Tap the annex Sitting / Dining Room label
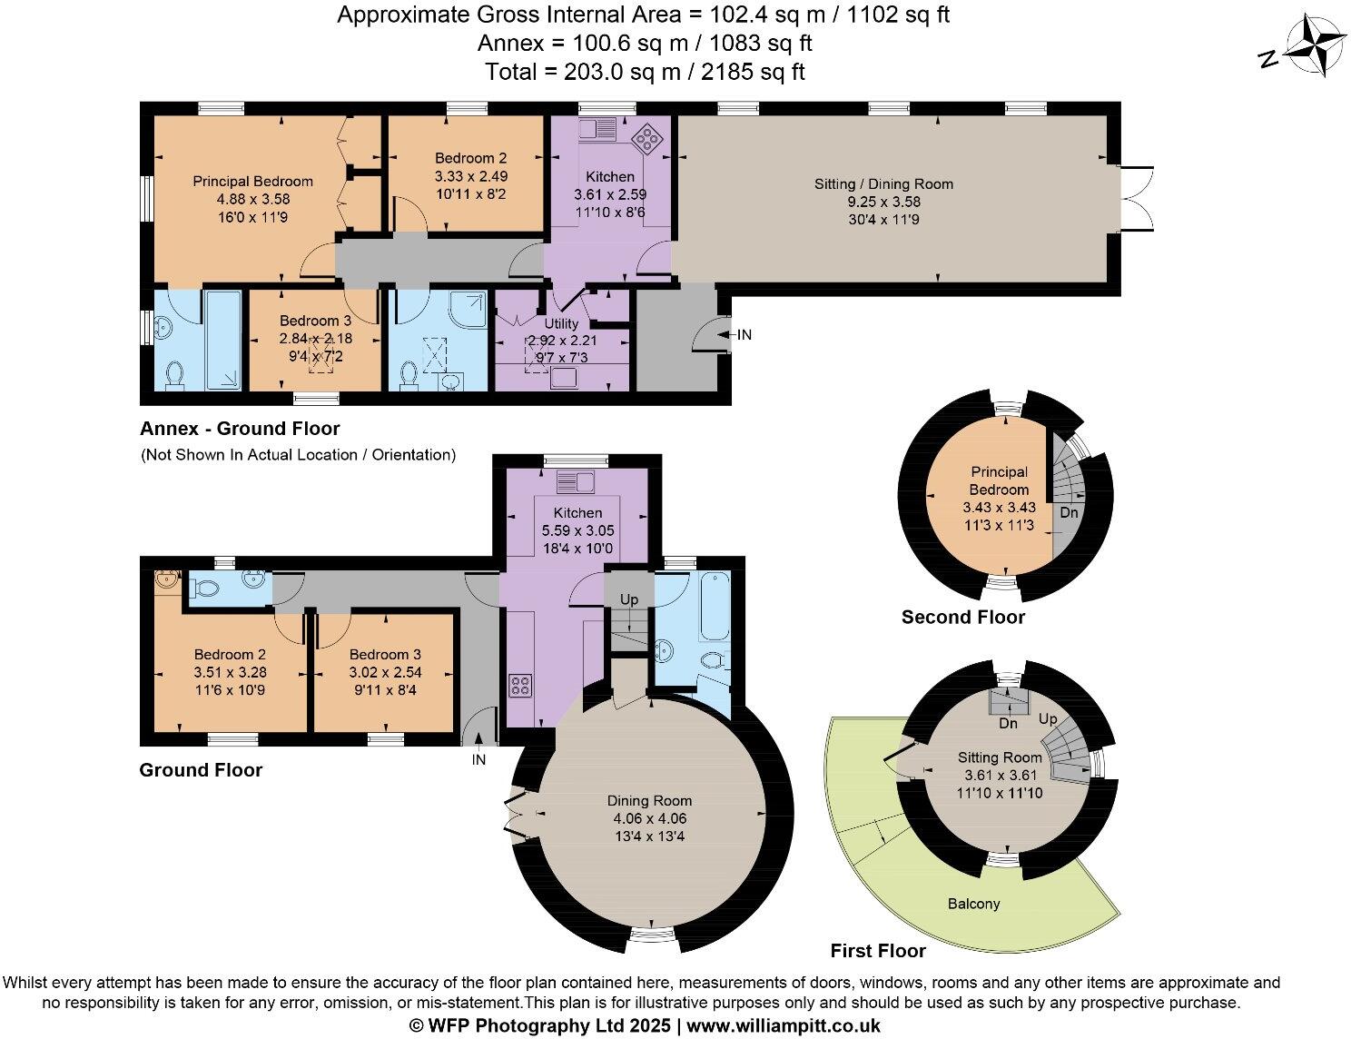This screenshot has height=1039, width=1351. click(883, 184)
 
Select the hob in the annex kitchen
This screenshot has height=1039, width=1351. click(648, 137)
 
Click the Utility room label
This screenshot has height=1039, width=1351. click(561, 323)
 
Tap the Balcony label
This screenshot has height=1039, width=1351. click(973, 904)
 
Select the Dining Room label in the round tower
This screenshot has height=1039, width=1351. click(649, 800)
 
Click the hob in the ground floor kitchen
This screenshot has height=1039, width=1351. click(521, 686)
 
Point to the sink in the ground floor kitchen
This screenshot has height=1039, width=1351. click(577, 481)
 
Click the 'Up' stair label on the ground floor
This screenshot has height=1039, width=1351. click(628, 600)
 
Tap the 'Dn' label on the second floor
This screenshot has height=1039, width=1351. click(1070, 513)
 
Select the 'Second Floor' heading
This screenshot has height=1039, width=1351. click(962, 618)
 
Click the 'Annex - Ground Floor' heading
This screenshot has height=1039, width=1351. click(240, 429)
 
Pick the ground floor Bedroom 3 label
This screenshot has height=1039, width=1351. click(385, 654)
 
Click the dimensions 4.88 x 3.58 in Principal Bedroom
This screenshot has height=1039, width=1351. click(252, 199)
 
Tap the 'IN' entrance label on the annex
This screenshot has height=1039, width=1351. click(745, 335)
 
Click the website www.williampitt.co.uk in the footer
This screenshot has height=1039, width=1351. click(784, 1025)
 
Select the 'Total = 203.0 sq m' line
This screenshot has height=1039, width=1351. click(644, 72)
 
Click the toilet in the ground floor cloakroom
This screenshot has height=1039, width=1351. click(206, 589)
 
